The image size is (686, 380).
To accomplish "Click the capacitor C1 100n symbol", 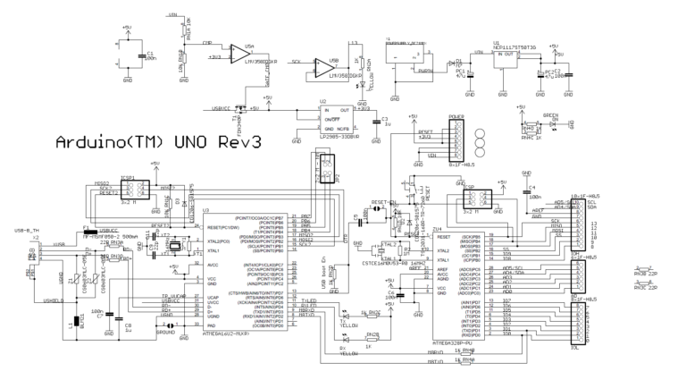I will (x=141, y=57).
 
